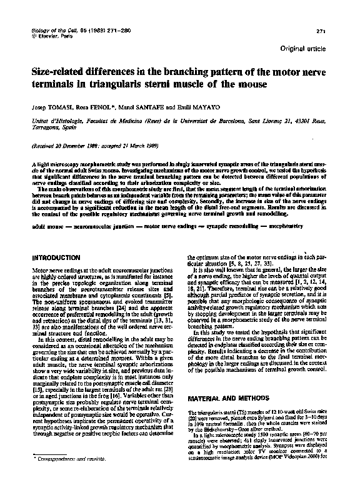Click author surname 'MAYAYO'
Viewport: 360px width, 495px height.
(x=213, y=107)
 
